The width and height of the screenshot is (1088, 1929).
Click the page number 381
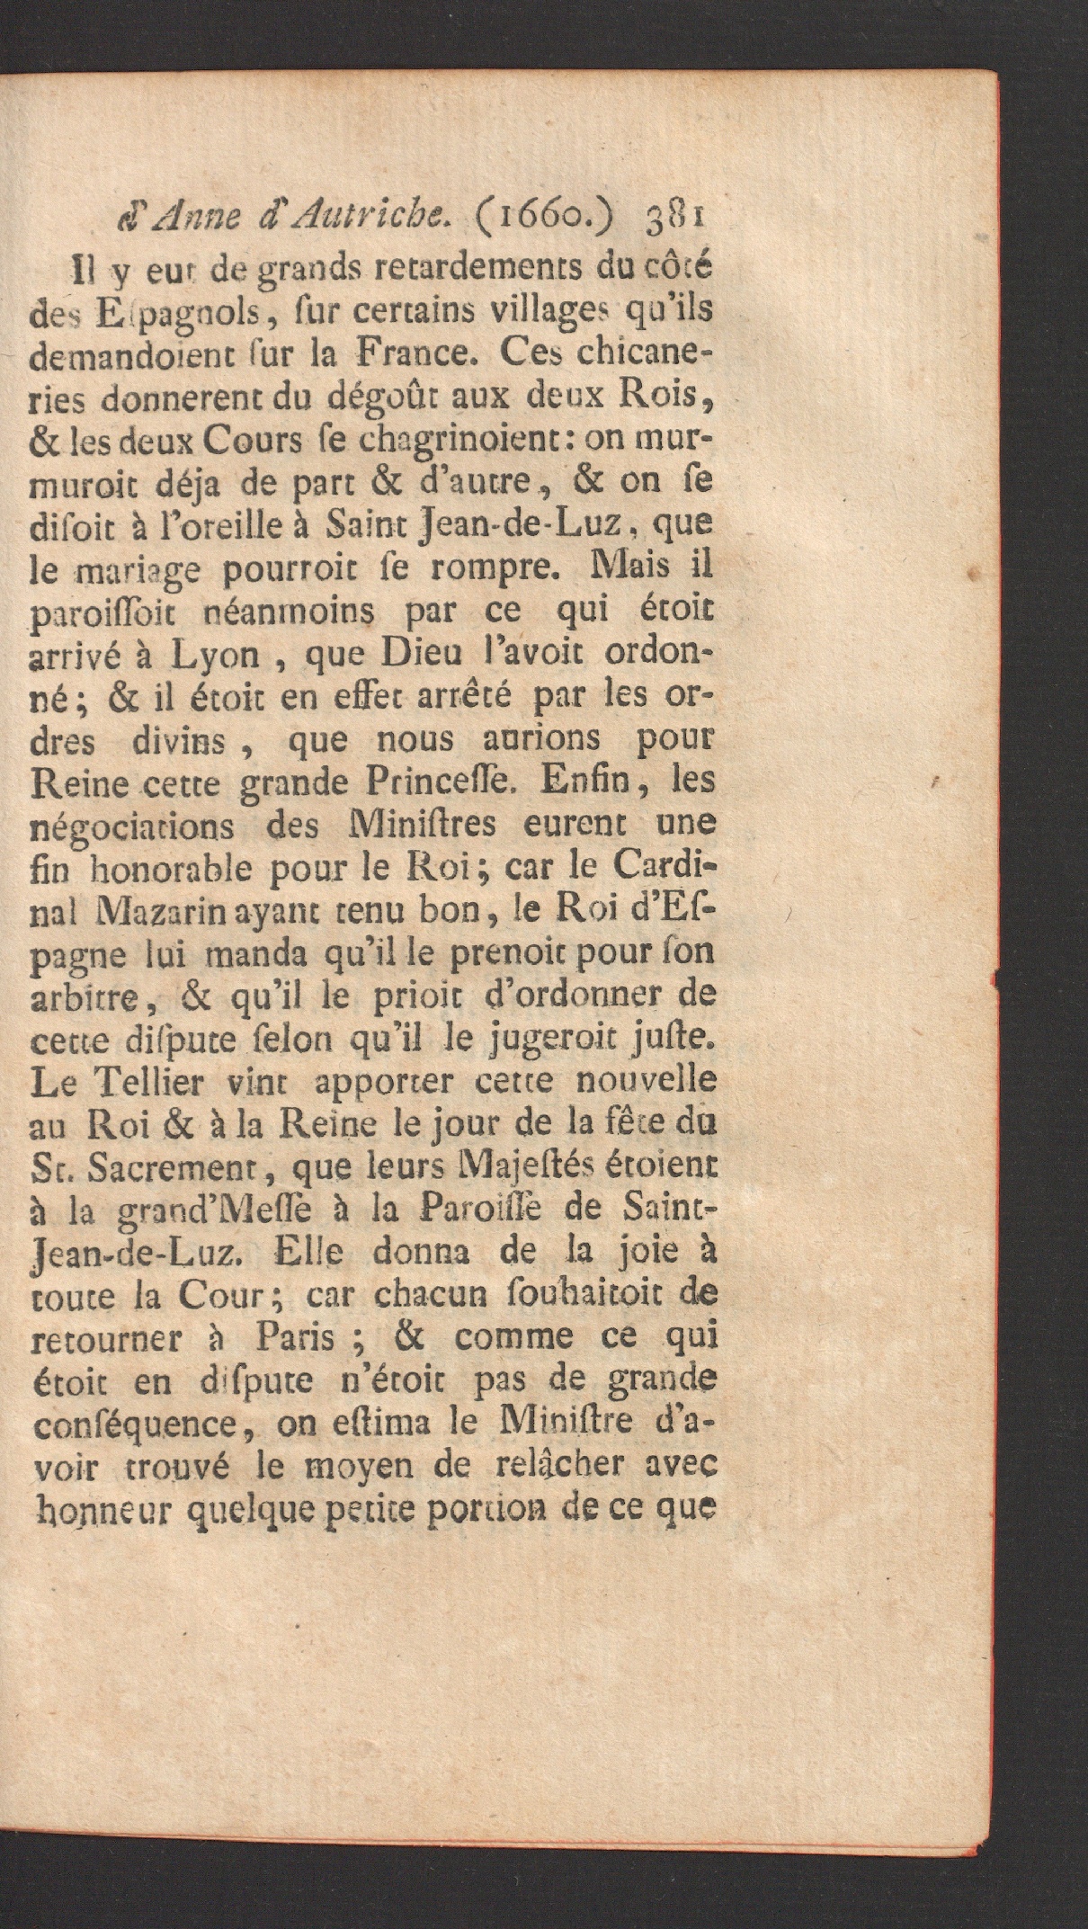pos(675,218)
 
